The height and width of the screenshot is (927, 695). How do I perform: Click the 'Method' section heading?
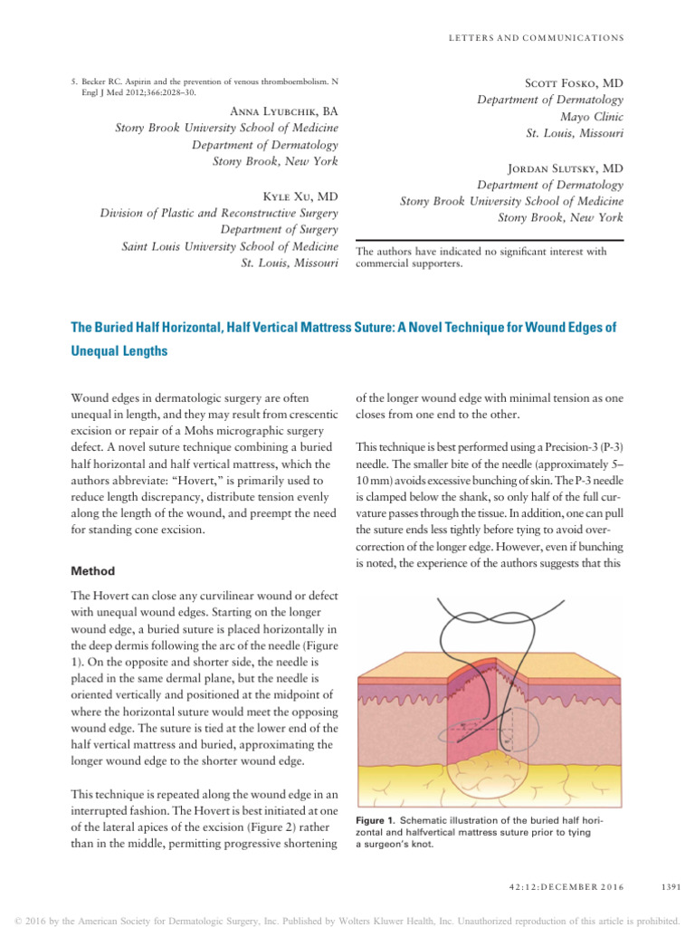click(x=93, y=571)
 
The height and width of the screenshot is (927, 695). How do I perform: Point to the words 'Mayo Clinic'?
click(x=591, y=117)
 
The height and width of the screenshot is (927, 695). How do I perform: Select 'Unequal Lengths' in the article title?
click(x=119, y=351)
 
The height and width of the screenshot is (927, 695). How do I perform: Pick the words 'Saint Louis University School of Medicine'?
click(x=230, y=246)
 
